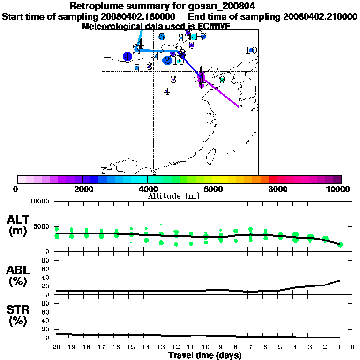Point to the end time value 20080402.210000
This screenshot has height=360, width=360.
tap(320, 16)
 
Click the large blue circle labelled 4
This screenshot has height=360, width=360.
tap(127, 57)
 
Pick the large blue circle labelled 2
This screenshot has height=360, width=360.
tap(167, 60)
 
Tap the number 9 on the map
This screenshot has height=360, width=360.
tap(222, 80)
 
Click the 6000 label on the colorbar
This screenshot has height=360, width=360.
tap(212, 189)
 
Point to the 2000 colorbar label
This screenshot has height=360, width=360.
tap(82, 189)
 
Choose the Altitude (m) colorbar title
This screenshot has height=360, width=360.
tap(173, 196)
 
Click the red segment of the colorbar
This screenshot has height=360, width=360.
tap(272, 179)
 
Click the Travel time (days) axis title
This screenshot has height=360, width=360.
tap(205, 356)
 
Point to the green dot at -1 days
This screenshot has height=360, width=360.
tap(340, 244)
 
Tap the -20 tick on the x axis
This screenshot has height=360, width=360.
tap(57, 347)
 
